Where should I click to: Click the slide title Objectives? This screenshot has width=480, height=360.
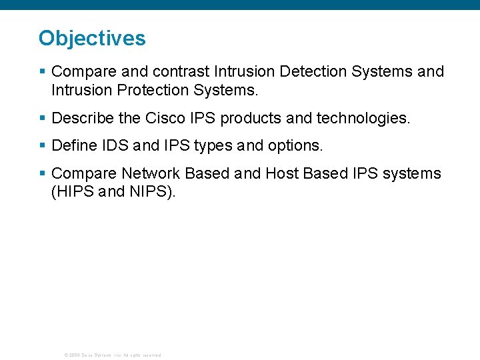92,38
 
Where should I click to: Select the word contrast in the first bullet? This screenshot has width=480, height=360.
184,71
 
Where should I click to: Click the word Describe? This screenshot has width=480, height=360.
83,119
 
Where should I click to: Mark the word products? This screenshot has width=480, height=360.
251,119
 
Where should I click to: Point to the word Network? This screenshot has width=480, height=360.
151,173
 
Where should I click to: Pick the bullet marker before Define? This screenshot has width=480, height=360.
42,145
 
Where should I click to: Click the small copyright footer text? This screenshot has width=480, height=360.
112,355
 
